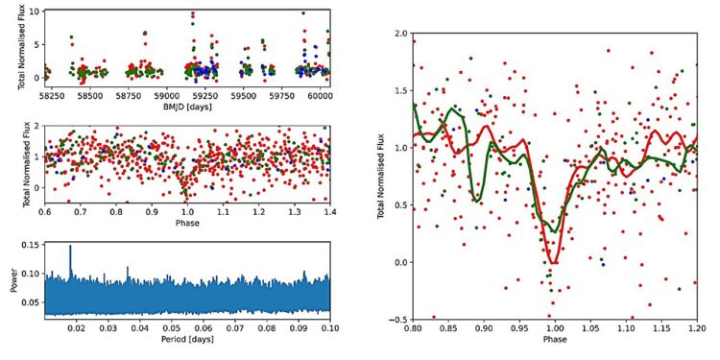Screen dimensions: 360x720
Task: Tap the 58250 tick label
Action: pos(60,97)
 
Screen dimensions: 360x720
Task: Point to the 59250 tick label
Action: pos(207,97)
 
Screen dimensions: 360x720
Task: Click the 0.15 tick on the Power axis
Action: pos(36,246)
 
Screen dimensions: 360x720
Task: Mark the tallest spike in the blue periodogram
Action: pos(70,249)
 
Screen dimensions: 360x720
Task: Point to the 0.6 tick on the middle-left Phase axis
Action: pos(46,211)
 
